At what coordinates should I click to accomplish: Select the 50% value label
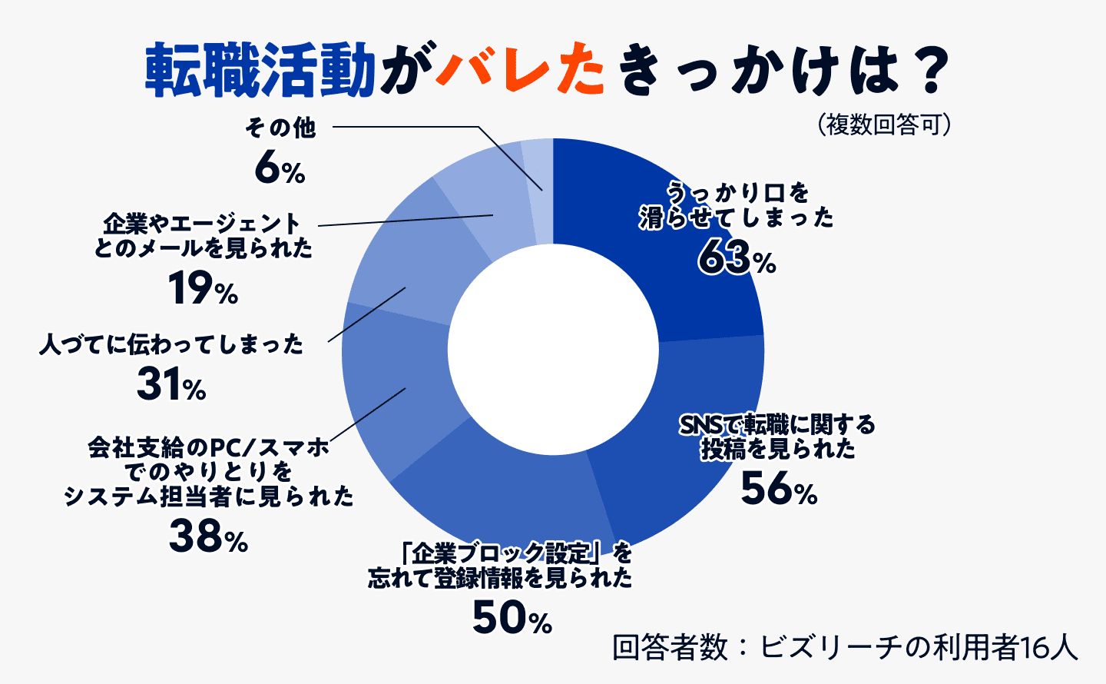pyautogui.click(x=512, y=617)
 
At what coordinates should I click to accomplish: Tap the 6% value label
pyautogui.click(x=280, y=168)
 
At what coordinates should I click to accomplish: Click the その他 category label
pyautogui.click(x=280, y=127)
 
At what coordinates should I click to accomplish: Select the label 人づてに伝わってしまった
pyautogui.click(x=172, y=344)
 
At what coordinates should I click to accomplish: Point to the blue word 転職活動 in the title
pyautogui.click(x=260, y=71)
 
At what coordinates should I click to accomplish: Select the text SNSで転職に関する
pyautogui.click(x=777, y=424)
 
